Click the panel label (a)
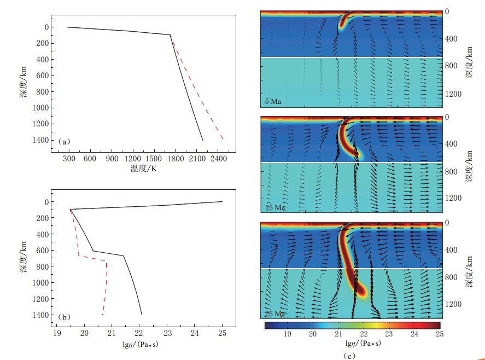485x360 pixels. [65, 142]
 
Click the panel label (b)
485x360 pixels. [65, 316]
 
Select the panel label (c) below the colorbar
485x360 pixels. [352, 356]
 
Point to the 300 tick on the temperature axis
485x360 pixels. [69, 159]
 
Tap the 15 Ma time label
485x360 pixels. [275, 208]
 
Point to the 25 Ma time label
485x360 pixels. [275, 314]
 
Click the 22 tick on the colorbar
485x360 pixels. [363, 333]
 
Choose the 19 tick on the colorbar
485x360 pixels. [287, 333]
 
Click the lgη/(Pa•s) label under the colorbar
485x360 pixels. [352, 344]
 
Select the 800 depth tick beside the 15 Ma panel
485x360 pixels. [453, 171]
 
